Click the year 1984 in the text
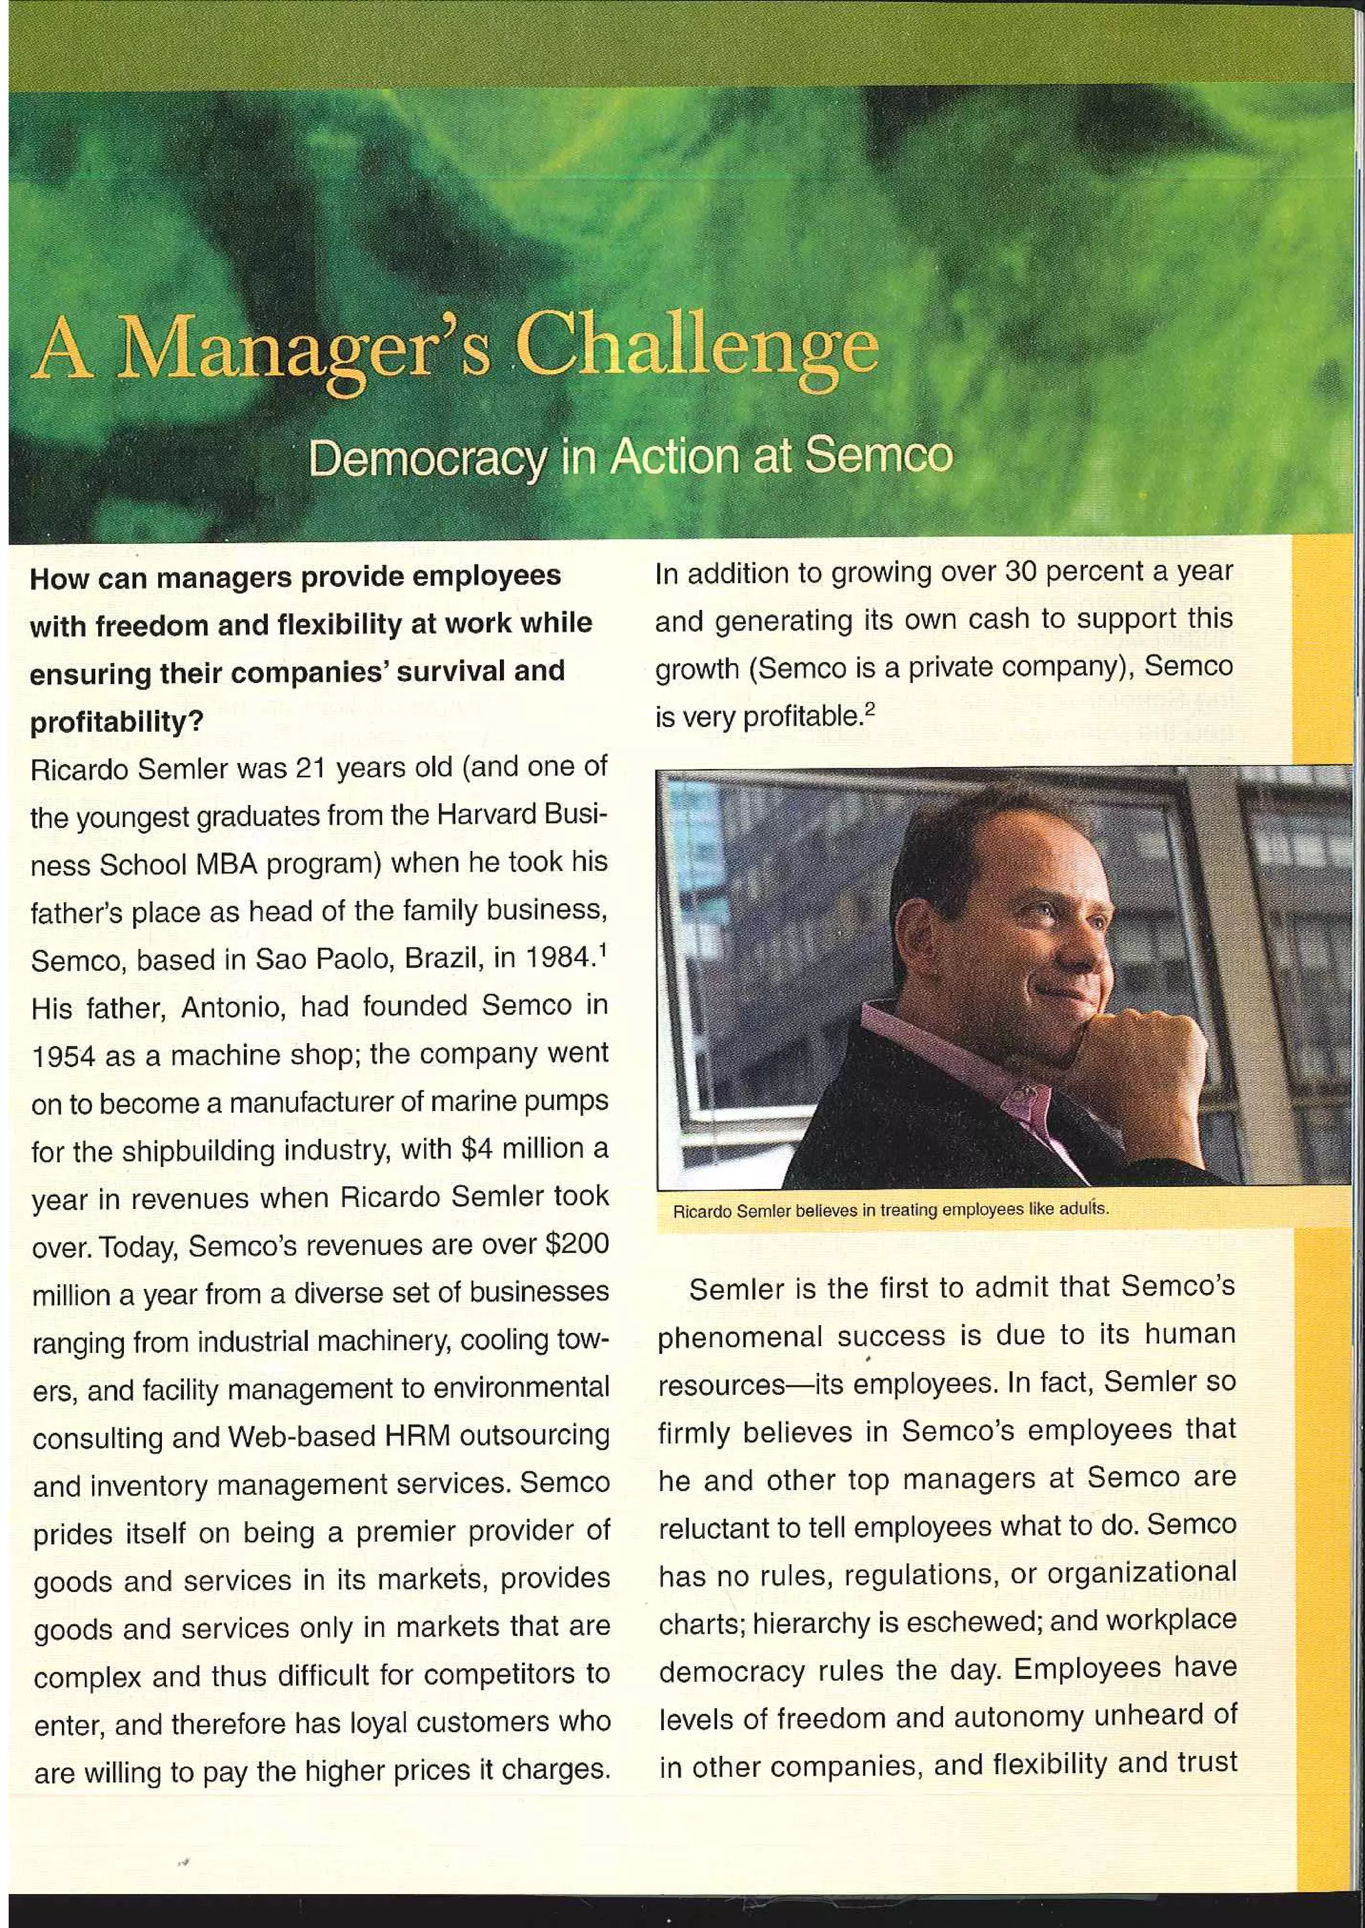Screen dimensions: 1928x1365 (551, 958)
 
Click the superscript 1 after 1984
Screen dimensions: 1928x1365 (603, 950)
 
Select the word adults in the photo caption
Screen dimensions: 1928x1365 (1084, 1210)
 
